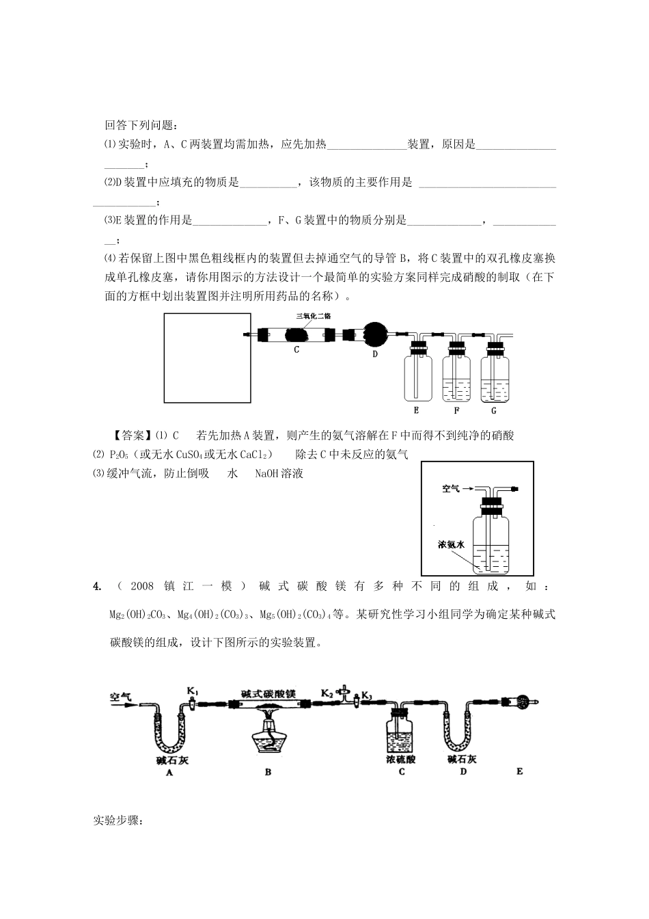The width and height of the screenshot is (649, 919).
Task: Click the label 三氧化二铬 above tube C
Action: (x=312, y=315)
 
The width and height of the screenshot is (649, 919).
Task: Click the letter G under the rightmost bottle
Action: (x=493, y=410)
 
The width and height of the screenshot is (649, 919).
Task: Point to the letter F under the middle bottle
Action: (x=456, y=410)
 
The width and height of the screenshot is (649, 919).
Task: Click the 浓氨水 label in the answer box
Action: (x=452, y=545)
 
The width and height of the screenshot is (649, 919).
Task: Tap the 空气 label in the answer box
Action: (x=451, y=489)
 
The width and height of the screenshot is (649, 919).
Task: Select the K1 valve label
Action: (x=193, y=693)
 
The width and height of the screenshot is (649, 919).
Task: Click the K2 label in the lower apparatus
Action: (x=327, y=693)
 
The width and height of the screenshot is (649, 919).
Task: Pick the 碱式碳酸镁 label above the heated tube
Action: (x=268, y=693)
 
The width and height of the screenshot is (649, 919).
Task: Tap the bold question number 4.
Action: (x=97, y=586)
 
